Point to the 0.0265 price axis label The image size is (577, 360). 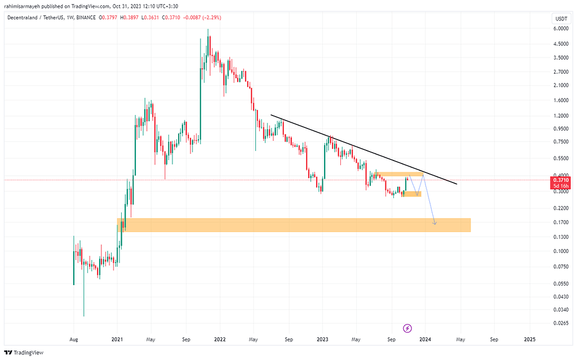point(560,323)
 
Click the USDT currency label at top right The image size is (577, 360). point(561,19)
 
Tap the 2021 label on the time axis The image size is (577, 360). point(117,340)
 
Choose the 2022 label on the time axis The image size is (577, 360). point(220,340)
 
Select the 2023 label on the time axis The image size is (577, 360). point(322,340)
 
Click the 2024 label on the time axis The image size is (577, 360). point(425,340)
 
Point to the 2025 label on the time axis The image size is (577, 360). point(530,340)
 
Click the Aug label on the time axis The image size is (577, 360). point(73,340)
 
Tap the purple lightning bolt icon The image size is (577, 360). point(407,328)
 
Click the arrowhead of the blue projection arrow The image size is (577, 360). point(435,224)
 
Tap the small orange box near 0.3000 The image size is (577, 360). point(412,194)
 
